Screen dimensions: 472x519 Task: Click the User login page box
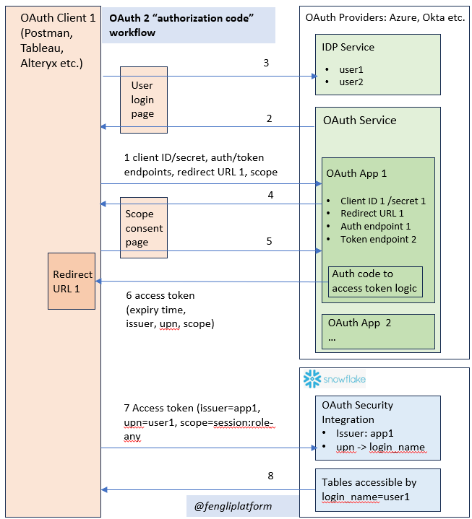[144, 100]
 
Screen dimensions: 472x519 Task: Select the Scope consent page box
[144, 227]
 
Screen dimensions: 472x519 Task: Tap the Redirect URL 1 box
[72, 281]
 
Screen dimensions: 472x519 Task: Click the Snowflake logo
[335, 379]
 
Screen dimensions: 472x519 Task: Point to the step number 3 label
[266, 63]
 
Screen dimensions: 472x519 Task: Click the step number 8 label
[270, 476]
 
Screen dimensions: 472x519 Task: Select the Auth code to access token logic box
[375, 282]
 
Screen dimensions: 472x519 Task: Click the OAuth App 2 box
[378, 331]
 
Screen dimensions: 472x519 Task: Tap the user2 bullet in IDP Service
[351, 82]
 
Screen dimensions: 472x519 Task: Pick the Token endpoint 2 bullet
[378, 239]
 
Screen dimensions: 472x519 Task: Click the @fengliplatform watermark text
[233, 506]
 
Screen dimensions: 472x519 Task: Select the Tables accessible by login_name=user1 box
[377, 489]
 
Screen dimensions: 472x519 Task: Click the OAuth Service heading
[360, 120]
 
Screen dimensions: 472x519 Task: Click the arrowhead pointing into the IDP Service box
[314, 76]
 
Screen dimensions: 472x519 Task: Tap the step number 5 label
[269, 241]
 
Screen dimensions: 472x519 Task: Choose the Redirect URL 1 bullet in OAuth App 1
[372, 213]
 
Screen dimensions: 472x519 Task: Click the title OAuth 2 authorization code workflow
[181, 25]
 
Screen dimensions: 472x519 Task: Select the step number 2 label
[269, 118]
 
